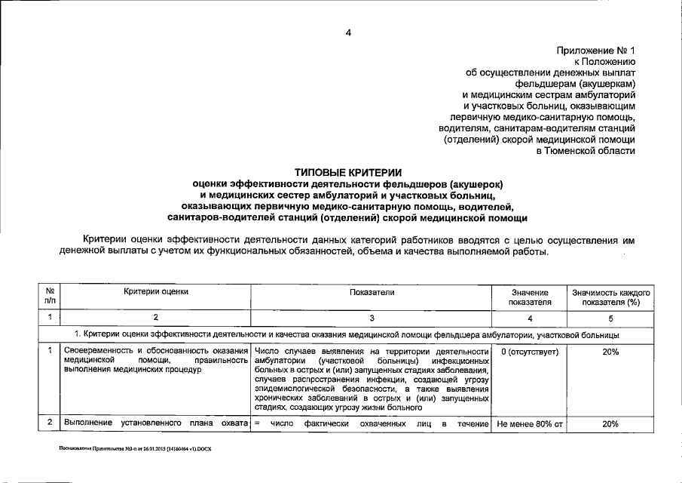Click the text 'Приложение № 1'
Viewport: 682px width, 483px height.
pos(596,50)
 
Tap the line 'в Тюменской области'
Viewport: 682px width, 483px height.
pos(586,151)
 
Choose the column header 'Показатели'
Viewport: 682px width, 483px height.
pos(372,291)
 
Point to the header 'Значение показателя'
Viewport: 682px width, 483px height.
pos(531,297)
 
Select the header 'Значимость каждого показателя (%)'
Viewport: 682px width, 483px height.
pos(610,297)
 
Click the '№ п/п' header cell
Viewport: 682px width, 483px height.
pos(49,297)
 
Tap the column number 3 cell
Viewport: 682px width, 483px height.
pos(372,318)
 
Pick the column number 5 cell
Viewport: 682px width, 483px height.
pos(610,318)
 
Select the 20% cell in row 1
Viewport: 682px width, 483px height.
pos(610,352)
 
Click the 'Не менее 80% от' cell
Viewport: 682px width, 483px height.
pos(528,424)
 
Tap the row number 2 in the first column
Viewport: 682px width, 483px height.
pos(49,423)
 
